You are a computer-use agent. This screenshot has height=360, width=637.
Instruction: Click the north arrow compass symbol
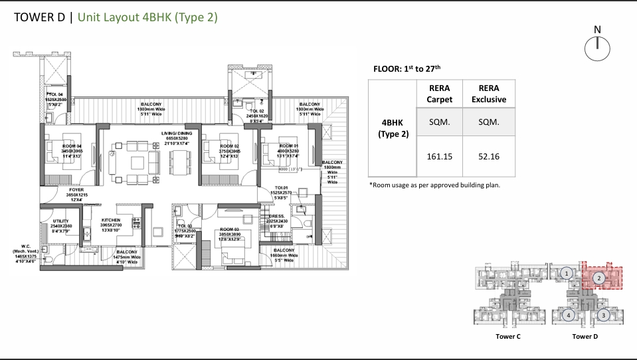coord(596,48)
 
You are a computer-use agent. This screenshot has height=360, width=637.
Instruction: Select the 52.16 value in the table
coord(488,157)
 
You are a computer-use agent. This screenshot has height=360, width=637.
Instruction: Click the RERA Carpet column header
coord(439,94)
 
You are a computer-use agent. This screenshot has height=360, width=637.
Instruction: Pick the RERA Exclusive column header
coord(488,94)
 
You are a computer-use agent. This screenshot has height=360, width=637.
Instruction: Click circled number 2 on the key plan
coord(598,278)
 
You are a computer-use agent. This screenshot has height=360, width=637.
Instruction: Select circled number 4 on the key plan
coord(568,315)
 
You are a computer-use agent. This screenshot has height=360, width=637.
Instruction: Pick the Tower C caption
coord(507,337)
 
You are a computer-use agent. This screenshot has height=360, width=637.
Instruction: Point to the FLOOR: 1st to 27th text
coord(409,68)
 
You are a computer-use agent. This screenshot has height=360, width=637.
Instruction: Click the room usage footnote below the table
coord(434,185)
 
